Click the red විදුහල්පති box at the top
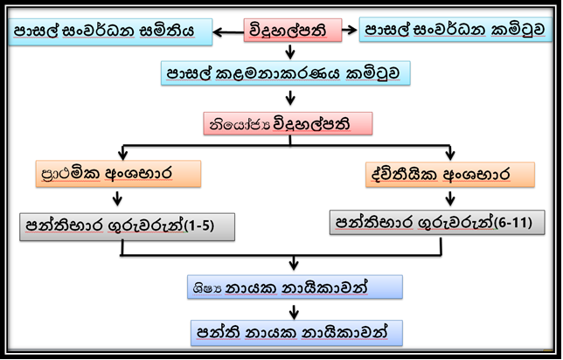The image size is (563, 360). click(293, 31)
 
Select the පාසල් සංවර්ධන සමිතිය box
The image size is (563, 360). click(110, 32)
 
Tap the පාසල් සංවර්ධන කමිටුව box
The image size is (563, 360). click(455, 30)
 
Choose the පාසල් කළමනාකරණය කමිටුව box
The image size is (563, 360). click(286, 73)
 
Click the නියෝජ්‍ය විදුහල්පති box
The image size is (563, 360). click(288, 124)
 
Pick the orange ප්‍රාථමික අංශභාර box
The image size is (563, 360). click(118, 174)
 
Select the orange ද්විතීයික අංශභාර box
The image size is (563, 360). click(450, 175)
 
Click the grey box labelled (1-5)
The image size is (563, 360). click(127, 227)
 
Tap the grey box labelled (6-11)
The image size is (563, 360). click(437, 223)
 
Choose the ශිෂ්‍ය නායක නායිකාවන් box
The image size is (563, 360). click(295, 287)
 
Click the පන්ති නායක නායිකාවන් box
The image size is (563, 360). click(296, 333)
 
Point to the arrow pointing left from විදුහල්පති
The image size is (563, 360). click(228, 32)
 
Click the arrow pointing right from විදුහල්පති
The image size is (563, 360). click(350, 30)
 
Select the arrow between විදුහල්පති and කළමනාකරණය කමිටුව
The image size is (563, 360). click(290, 52)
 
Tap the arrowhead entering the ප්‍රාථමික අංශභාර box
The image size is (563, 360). click(123, 155)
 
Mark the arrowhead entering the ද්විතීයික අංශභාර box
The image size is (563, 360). click(450, 156)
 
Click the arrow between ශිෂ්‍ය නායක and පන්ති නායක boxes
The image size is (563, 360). click(294, 312)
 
